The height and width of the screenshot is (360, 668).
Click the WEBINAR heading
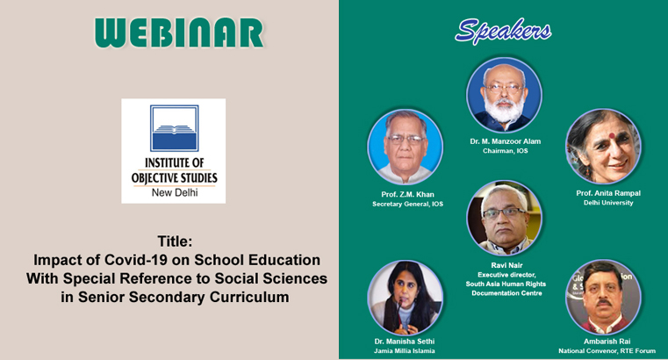179,32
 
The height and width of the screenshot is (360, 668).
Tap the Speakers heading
503,31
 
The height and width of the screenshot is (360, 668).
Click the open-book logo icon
175,128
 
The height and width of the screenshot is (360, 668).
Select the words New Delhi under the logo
175,192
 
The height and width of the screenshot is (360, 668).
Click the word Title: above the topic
175,241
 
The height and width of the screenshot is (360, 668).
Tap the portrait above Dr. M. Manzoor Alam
505,95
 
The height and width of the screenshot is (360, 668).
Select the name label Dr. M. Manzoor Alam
506,141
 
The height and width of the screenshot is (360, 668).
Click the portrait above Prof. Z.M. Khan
406,147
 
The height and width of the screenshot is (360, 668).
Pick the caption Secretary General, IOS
407,204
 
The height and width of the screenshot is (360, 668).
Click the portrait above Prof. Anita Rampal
604,146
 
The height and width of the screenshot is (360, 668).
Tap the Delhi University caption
608,203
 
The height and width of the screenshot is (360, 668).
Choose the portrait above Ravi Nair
505,218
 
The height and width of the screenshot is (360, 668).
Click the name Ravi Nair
506,265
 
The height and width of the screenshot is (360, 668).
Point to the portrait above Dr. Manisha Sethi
406,298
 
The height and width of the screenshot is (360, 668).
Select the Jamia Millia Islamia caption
405,351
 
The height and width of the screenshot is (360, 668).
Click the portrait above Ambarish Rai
604,297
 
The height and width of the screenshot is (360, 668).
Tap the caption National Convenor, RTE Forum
607,351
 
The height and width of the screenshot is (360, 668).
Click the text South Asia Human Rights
506,284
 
